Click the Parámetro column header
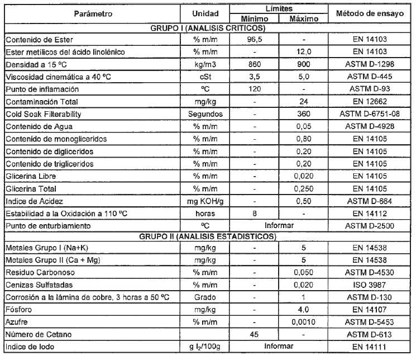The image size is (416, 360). [x=93, y=13]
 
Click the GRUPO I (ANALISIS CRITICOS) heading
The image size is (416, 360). [x=208, y=27]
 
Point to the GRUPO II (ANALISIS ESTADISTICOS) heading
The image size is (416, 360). [x=208, y=236]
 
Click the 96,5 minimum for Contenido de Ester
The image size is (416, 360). [x=254, y=39]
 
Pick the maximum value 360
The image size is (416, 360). [x=303, y=114]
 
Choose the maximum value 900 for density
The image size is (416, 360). [x=303, y=64]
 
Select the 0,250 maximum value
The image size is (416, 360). [x=303, y=189]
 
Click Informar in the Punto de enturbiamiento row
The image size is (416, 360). [x=278, y=226]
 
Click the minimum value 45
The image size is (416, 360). [x=254, y=335]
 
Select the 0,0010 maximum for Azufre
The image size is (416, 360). [x=303, y=323]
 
